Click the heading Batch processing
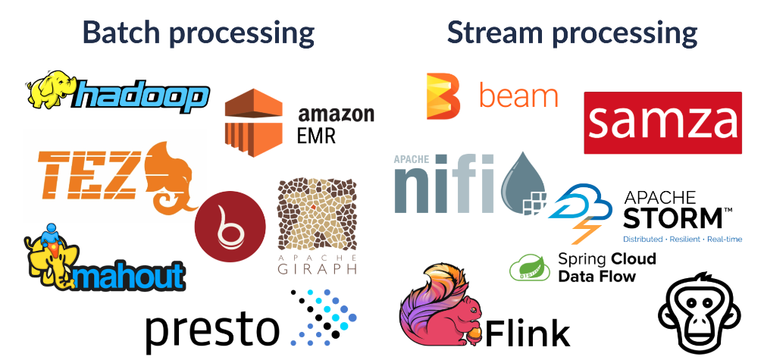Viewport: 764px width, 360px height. pyautogui.click(x=198, y=33)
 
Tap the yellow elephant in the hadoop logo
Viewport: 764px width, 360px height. pyautogui.click(x=50, y=89)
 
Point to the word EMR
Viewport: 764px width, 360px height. pyautogui.click(x=317, y=136)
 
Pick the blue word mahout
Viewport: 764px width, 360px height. pyautogui.click(x=130, y=275)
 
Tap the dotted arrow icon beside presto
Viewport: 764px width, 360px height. pyautogui.click(x=324, y=318)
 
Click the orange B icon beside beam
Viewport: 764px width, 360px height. pyautogui.click(x=443, y=96)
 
